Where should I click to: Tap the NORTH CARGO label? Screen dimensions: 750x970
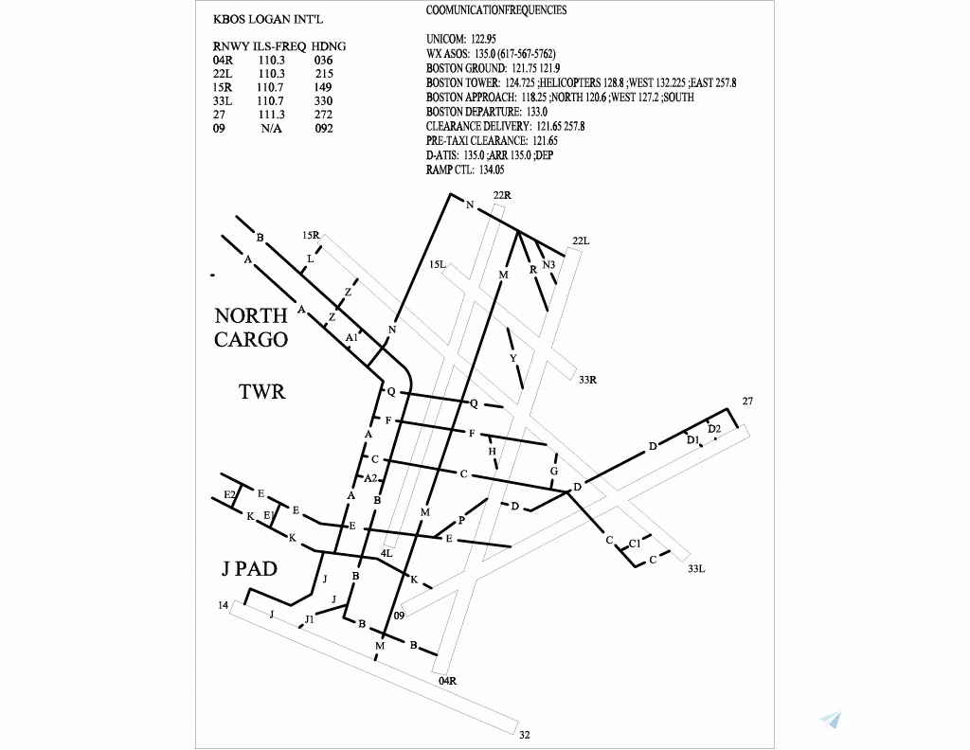click(x=251, y=328)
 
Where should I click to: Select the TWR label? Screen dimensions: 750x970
click(x=261, y=391)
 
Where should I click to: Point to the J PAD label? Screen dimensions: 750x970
click(x=249, y=568)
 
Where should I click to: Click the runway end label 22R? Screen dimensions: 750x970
click(x=502, y=195)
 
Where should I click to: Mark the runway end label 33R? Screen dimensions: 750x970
click(x=587, y=380)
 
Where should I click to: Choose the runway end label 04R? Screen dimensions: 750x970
click(x=448, y=680)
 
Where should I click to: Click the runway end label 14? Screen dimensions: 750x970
click(x=223, y=605)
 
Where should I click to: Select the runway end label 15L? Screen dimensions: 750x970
click(x=437, y=265)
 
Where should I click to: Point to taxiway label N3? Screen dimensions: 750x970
click(x=548, y=264)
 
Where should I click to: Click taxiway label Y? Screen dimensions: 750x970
click(x=513, y=358)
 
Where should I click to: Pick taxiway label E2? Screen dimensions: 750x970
click(x=229, y=495)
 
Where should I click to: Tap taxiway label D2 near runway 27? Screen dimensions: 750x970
click(x=714, y=429)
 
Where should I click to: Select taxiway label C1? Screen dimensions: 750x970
click(x=635, y=544)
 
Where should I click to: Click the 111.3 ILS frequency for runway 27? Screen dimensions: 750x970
click(x=272, y=114)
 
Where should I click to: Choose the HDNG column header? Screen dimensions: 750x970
click(x=329, y=45)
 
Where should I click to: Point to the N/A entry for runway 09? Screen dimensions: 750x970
click(x=272, y=128)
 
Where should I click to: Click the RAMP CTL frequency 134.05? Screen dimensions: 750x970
click(x=492, y=170)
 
